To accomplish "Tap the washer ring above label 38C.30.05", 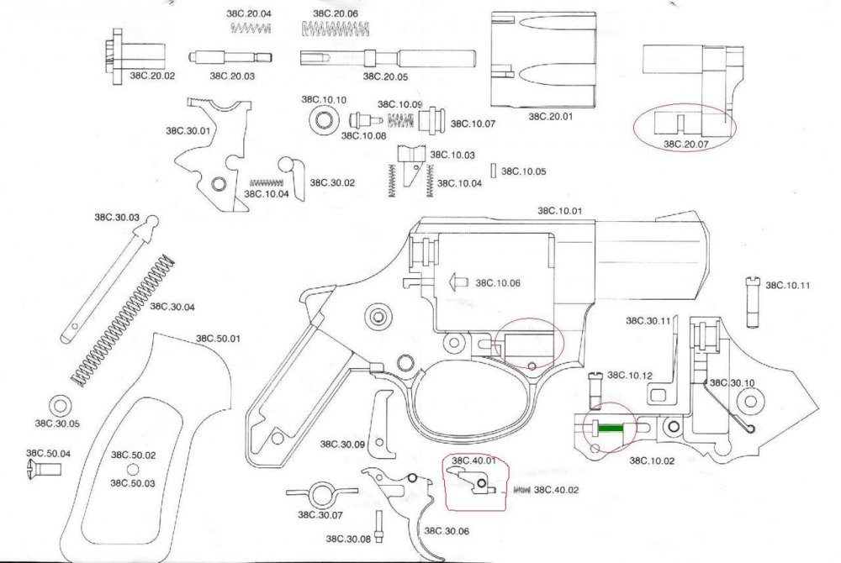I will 60,403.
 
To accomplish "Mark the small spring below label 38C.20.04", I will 251,29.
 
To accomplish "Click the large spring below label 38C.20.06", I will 335,30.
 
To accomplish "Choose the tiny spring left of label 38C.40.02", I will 521,490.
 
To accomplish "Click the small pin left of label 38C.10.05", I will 494,171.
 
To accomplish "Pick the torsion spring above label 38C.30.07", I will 316,492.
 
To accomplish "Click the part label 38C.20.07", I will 685,144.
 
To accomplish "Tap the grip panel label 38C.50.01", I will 218,339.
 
